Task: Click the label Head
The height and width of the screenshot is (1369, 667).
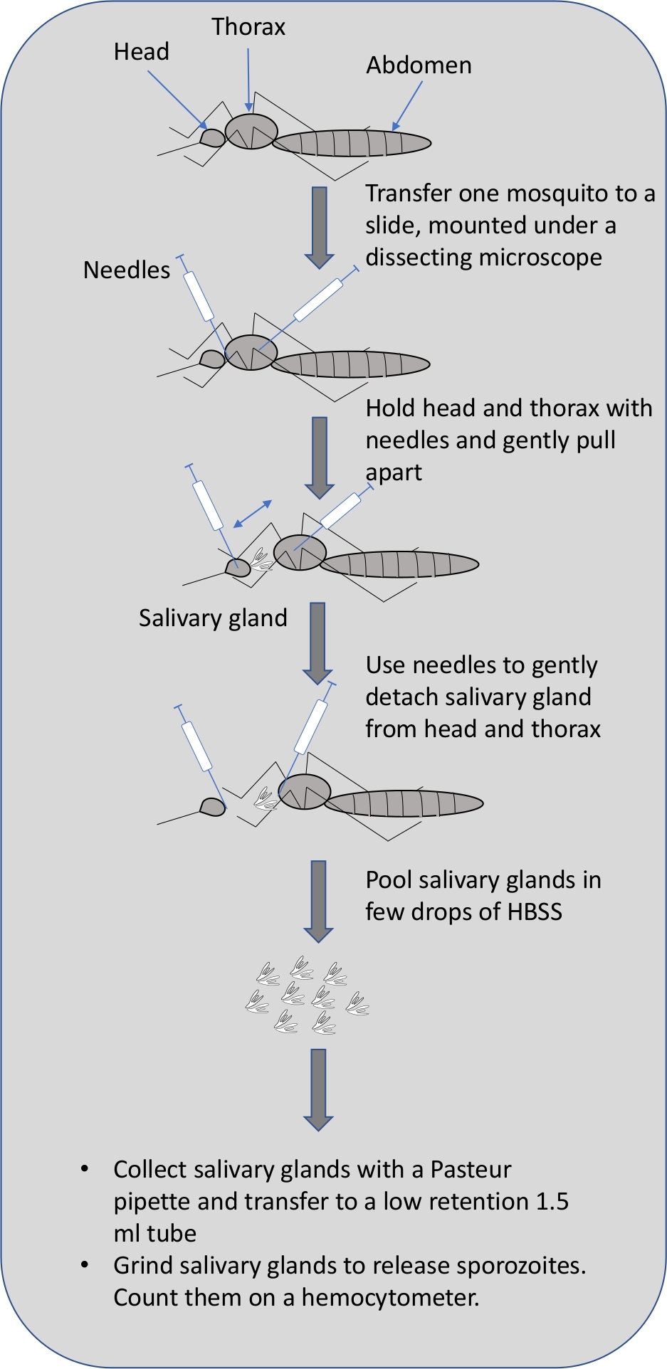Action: [x=142, y=52]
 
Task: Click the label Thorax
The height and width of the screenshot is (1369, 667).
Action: [x=248, y=27]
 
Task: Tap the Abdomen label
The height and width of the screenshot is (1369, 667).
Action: [x=419, y=65]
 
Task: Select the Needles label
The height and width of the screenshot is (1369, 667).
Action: [x=127, y=270]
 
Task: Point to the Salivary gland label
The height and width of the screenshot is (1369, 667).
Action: [x=213, y=618]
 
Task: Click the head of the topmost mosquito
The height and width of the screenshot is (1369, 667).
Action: [x=212, y=137]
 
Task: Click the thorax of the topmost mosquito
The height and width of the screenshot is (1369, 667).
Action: [x=251, y=132]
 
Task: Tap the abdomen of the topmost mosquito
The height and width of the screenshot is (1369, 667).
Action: [x=352, y=143]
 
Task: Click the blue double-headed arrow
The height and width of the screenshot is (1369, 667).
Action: [x=253, y=514]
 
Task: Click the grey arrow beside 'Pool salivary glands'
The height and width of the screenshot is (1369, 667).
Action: [x=318, y=902]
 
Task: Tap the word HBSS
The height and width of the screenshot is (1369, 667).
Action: [x=535, y=911]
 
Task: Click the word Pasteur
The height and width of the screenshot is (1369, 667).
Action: [x=471, y=1170]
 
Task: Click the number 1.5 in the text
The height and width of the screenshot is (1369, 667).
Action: [x=552, y=1202]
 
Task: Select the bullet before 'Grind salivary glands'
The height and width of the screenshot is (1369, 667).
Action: [x=85, y=1265]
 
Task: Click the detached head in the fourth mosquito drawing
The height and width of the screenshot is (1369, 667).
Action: [x=213, y=807]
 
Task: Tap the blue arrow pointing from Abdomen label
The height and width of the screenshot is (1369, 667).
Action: [x=407, y=105]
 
